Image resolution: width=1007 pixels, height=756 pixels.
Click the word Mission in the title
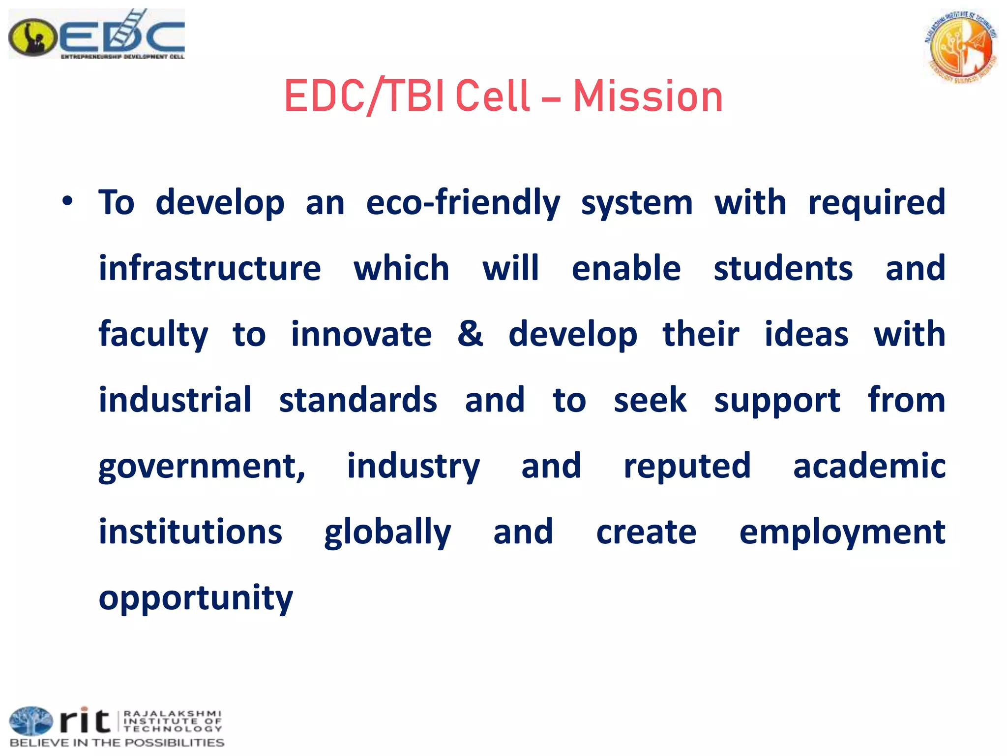pyautogui.click(x=648, y=96)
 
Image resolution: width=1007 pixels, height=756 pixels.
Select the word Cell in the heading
pyautogui.click(x=493, y=96)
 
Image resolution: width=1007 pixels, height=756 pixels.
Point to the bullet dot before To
pyautogui.click(x=68, y=201)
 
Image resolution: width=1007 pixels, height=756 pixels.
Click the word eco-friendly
pyautogui.click(x=463, y=203)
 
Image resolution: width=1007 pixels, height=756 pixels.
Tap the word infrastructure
pyautogui.click(x=210, y=268)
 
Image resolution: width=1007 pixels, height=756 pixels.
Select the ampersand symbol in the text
pyautogui.click(x=470, y=334)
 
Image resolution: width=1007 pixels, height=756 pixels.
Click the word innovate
pyautogui.click(x=361, y=334)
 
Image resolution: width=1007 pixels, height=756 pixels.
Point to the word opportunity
pyautogui.click(x=196, y=598)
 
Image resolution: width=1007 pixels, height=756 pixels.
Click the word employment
pyautogui.click(x=842, y=533)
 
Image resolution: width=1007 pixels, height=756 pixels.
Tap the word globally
pyautogui.click(x=387, y=533)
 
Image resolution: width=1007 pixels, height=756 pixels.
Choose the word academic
pyautogui.click(x=869, y=466)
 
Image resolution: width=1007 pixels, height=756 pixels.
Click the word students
pyautogui.click(x=783, y=268)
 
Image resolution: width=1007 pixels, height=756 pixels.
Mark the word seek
pyautogui.click(x=650, y=400)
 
